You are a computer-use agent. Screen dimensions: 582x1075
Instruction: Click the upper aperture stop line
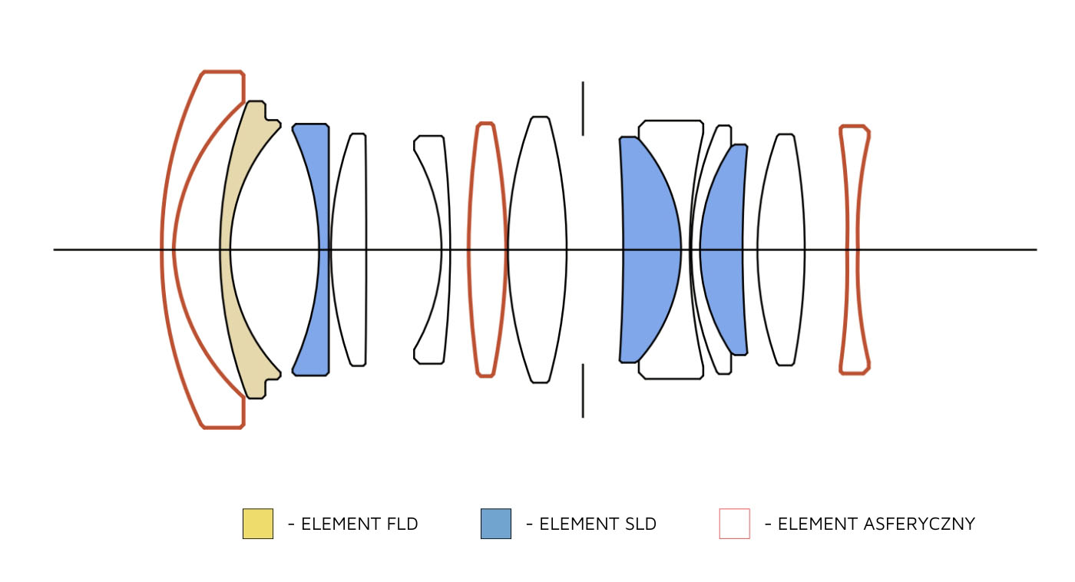click(x=583, y=108)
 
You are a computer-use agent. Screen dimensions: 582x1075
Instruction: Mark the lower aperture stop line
click(x=583, y=391)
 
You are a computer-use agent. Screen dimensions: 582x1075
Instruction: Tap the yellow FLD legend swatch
click(x=258, y=524)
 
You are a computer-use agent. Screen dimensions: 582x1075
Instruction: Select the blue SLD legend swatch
click(x=496, y=524)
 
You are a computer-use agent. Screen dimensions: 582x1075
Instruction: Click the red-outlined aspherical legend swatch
click(x=735, y=524)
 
